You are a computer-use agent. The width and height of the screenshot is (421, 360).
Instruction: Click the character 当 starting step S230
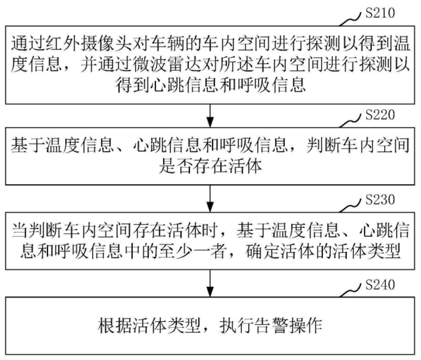click(19, 231)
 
